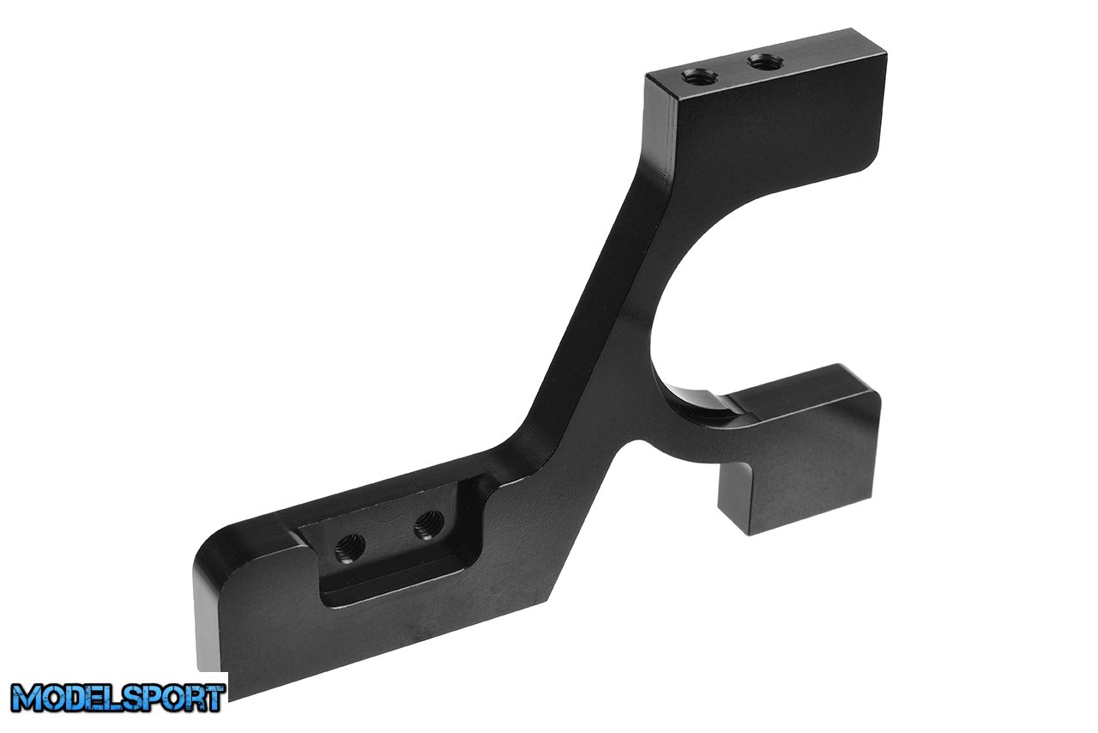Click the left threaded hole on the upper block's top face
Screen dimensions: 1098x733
(701, 77)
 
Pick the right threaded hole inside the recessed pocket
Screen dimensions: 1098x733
(429, 524)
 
